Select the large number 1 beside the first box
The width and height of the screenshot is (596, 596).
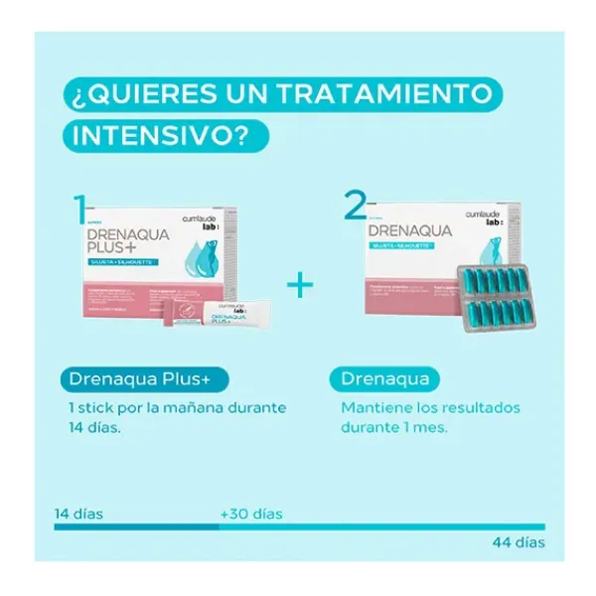pyautogui.click(x=79, y=212)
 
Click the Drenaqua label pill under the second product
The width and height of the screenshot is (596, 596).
pyautogui.click(x=384, y=378)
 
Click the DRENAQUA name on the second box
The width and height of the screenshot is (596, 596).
pyautogui.click(x=409, y=231)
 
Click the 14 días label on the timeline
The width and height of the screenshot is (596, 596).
pyautogui.click(x=78, y=514)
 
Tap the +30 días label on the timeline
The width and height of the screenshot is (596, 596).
pyautogui.click(x=250, y=514)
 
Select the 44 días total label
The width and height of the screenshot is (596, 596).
pyautogui.click(x=518, y=542)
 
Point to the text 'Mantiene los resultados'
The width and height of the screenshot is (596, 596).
pyautogui.click(x=430, y=407)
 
